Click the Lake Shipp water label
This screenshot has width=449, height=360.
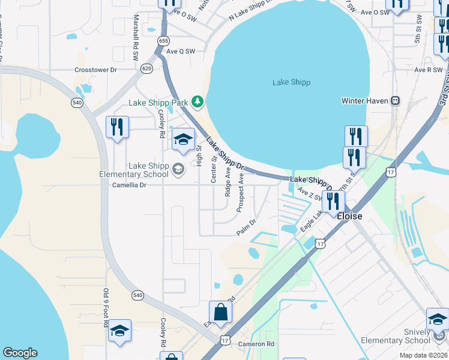pos(291,82)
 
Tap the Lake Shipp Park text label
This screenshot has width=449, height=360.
pos(159,103)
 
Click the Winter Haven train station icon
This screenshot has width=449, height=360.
pos(396,100)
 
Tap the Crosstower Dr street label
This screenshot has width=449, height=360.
pos(95,70)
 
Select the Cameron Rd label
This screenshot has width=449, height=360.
pos(256,344)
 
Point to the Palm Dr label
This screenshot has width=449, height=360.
pos(246,227)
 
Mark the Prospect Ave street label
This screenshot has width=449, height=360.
pos(240,193)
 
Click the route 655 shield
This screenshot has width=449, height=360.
pos(163,40)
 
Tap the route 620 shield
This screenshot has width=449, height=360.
pos(146,68)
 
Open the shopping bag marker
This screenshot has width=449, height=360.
pos(221,311)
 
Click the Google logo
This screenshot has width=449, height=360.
pos(20,353)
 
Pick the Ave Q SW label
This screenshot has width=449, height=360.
pos(181,52)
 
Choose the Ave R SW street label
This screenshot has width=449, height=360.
pos(428,70)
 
